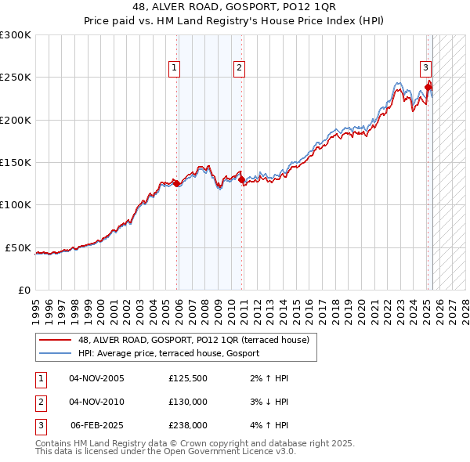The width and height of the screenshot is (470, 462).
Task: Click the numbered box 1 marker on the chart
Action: (173, 68)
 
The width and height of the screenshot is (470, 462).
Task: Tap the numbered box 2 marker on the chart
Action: (237, 68)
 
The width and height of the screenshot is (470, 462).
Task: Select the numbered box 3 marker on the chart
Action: (425, 68)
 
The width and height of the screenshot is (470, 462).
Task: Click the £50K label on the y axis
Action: (18, 247)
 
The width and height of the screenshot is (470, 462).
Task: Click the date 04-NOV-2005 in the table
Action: (96, 378)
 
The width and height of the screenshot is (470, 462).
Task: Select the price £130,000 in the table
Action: (188, 402)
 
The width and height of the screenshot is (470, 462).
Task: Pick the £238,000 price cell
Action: (188, 425)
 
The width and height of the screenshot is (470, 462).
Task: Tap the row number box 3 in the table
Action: (39, 425)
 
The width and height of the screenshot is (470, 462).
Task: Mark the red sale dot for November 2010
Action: (240, 179)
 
